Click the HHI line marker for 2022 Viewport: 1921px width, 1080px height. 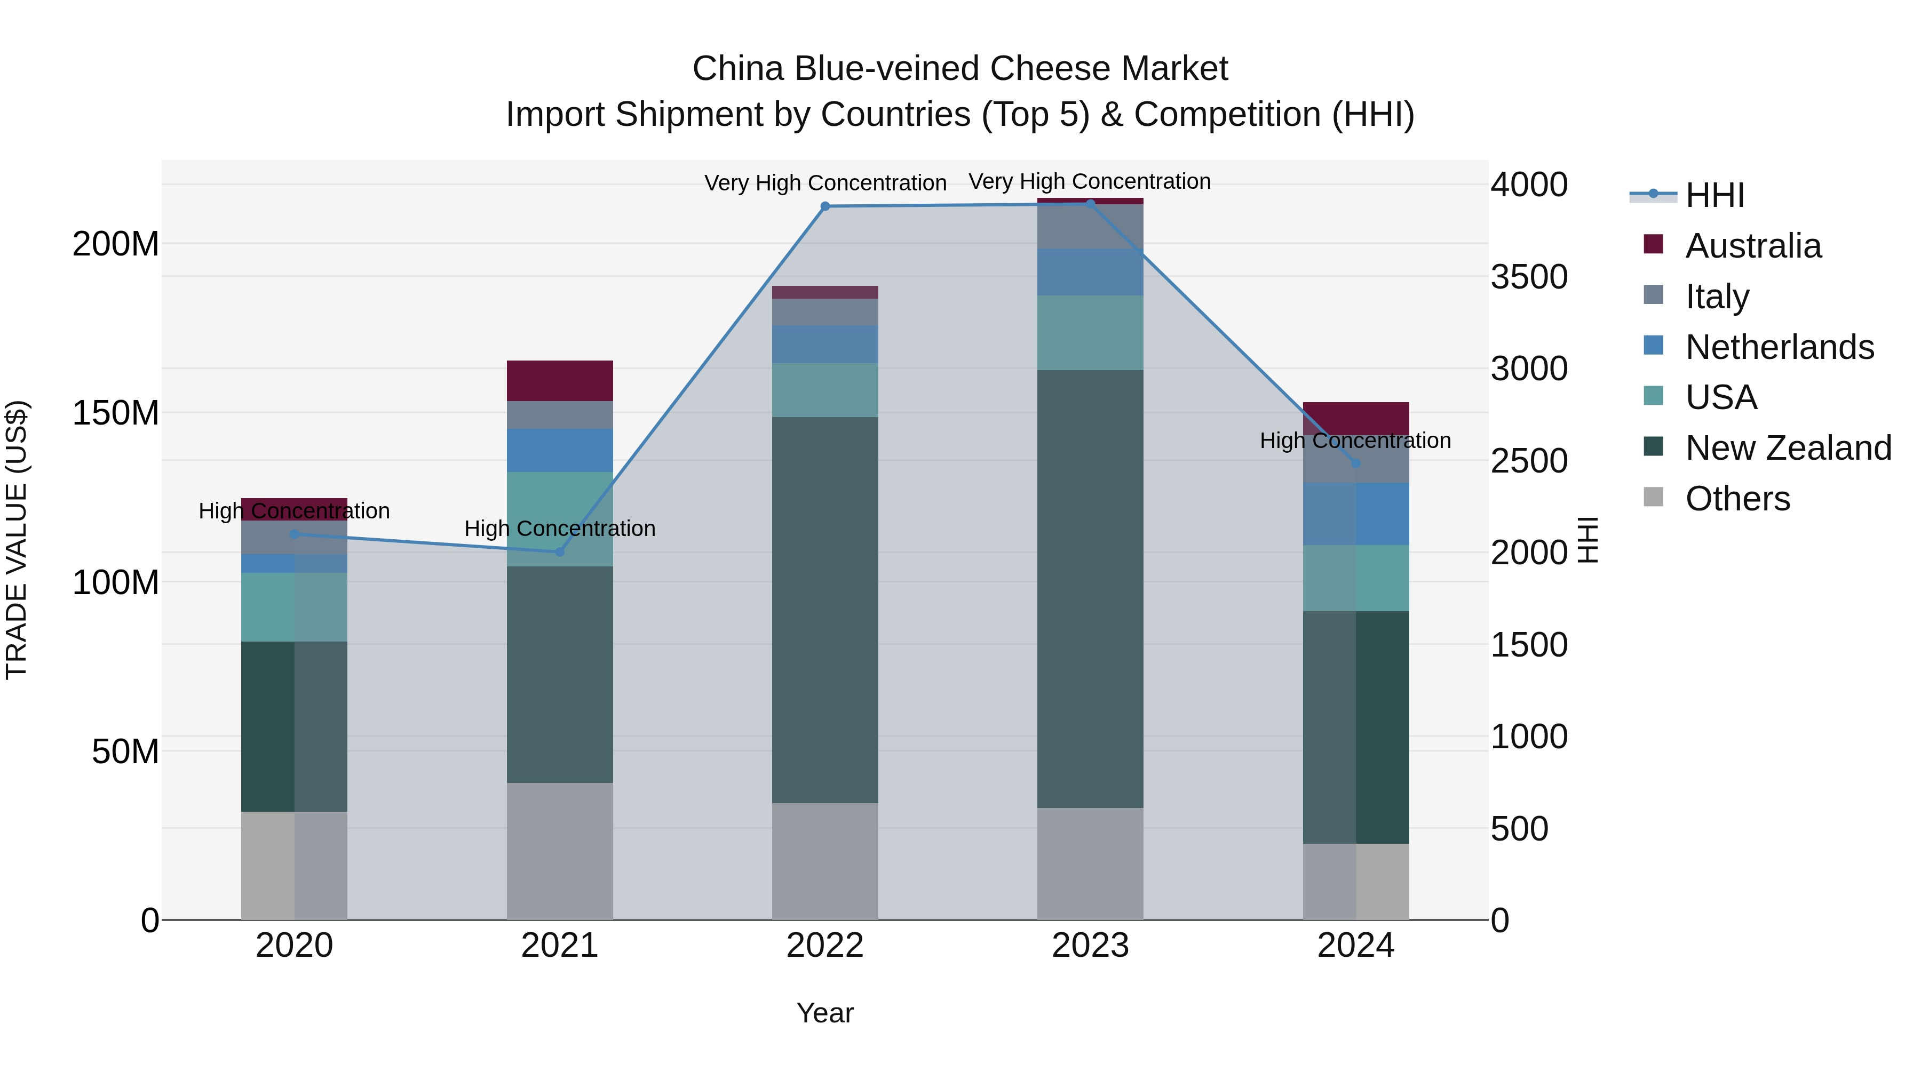coord(825,206)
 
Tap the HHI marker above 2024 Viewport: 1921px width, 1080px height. coord(1356,463)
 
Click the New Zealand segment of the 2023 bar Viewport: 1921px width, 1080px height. coord(1090,589)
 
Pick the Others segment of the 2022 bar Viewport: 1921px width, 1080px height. coord(825,861)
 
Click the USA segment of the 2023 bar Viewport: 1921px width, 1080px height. coord(1090,332)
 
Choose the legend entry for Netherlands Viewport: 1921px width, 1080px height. coord(1779,347)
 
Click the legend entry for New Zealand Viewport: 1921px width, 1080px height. coord(1788,448)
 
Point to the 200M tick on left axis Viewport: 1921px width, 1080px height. coord(116,244)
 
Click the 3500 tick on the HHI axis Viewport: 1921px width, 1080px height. coord(1529,276)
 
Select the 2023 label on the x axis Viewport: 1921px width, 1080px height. coord(1090,946)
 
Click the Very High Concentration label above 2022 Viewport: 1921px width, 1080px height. coord(825,182)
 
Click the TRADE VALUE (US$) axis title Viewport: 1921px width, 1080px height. coord(17,540)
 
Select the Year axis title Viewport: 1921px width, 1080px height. coord(825,1013)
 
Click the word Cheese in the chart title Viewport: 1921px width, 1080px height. coord(1051,69)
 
